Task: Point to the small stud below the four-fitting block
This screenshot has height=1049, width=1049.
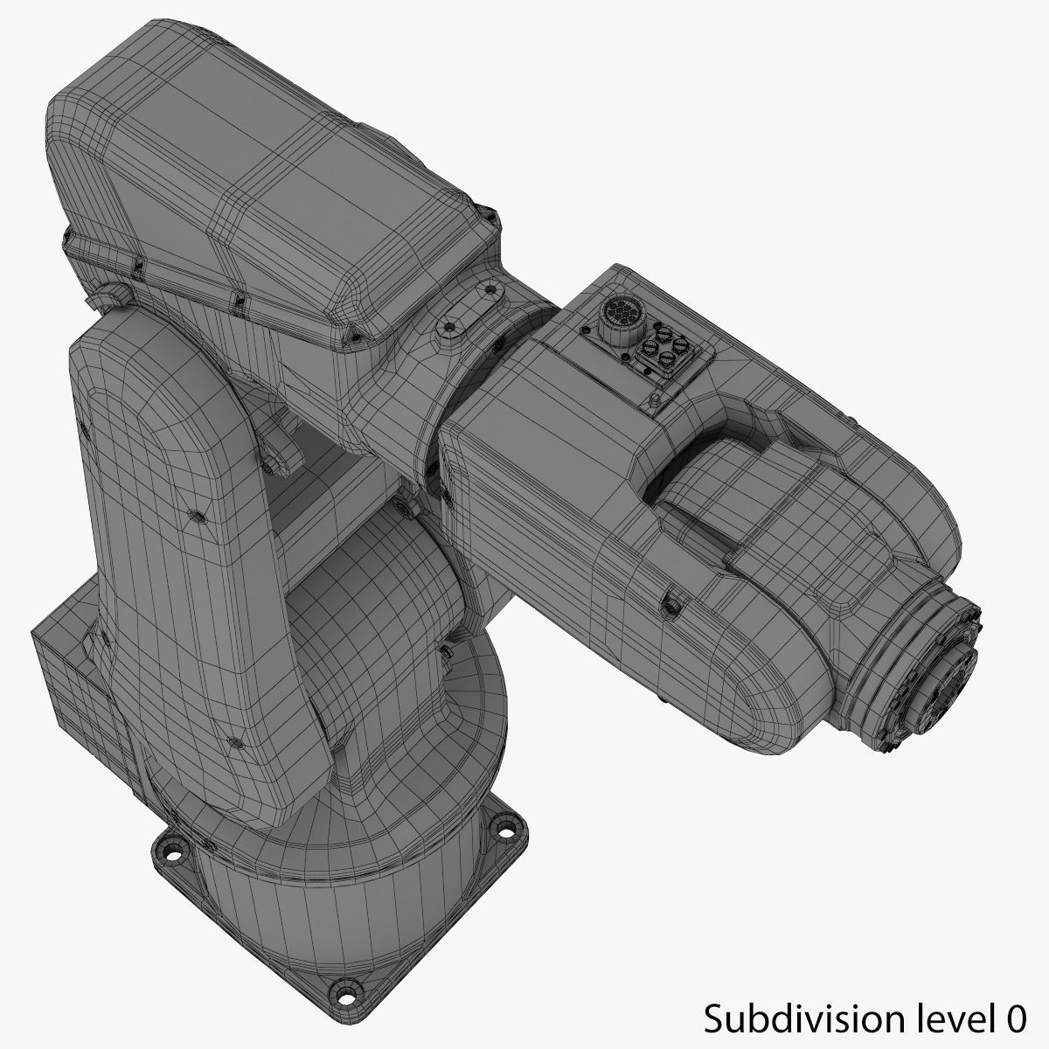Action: pos(654,400)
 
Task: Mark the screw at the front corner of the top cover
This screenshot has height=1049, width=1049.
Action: pos(355,333)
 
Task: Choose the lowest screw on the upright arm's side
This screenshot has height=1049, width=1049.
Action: pos(233,743)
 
